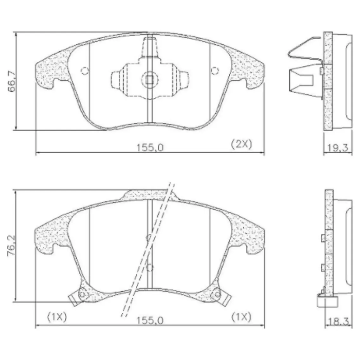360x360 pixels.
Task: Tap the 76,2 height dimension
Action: click(x=11, y=245)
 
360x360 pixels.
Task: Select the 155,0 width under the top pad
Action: click(x=150, y=147)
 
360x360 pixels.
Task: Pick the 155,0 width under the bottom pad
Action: click(x=150, y=320)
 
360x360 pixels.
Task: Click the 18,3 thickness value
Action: click(x=339, y=321)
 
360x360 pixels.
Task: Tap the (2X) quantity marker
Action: click(x=241, y=144)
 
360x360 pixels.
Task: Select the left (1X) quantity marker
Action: click(x=57, y=317)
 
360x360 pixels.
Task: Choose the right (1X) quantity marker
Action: click(x=241, y=317)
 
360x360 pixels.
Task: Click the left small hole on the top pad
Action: click(x=85, y=70)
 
